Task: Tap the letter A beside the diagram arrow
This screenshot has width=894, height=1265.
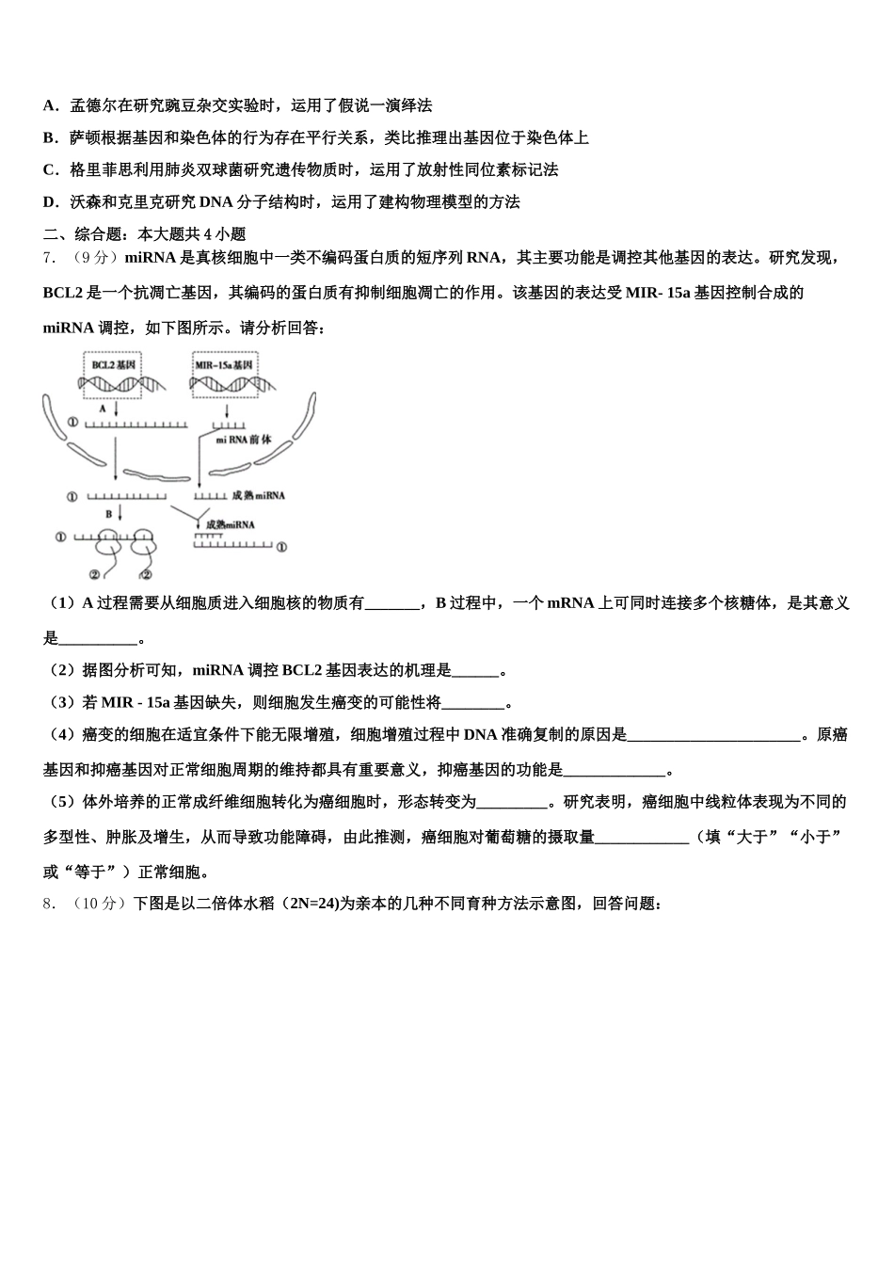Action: pyautogui.click(x=103, y=409)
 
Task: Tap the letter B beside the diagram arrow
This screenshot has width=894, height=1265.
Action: pyautogui.click(x=108, y=514)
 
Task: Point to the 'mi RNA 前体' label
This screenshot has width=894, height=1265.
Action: pyautogui.click(x=244, y=440)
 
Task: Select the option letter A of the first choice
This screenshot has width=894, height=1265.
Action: pyautogui.click(x=50, y=105)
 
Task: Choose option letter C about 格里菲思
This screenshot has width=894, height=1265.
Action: pyautogui.click(x=50, y=169)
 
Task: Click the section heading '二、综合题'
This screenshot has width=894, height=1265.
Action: pyautogui.click(x=83, y=233)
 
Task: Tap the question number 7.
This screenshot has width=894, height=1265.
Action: pyautogui.click(x=49, y=258)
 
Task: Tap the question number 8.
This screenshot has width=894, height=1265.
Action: pyautogui.click(x=49, y=904)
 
